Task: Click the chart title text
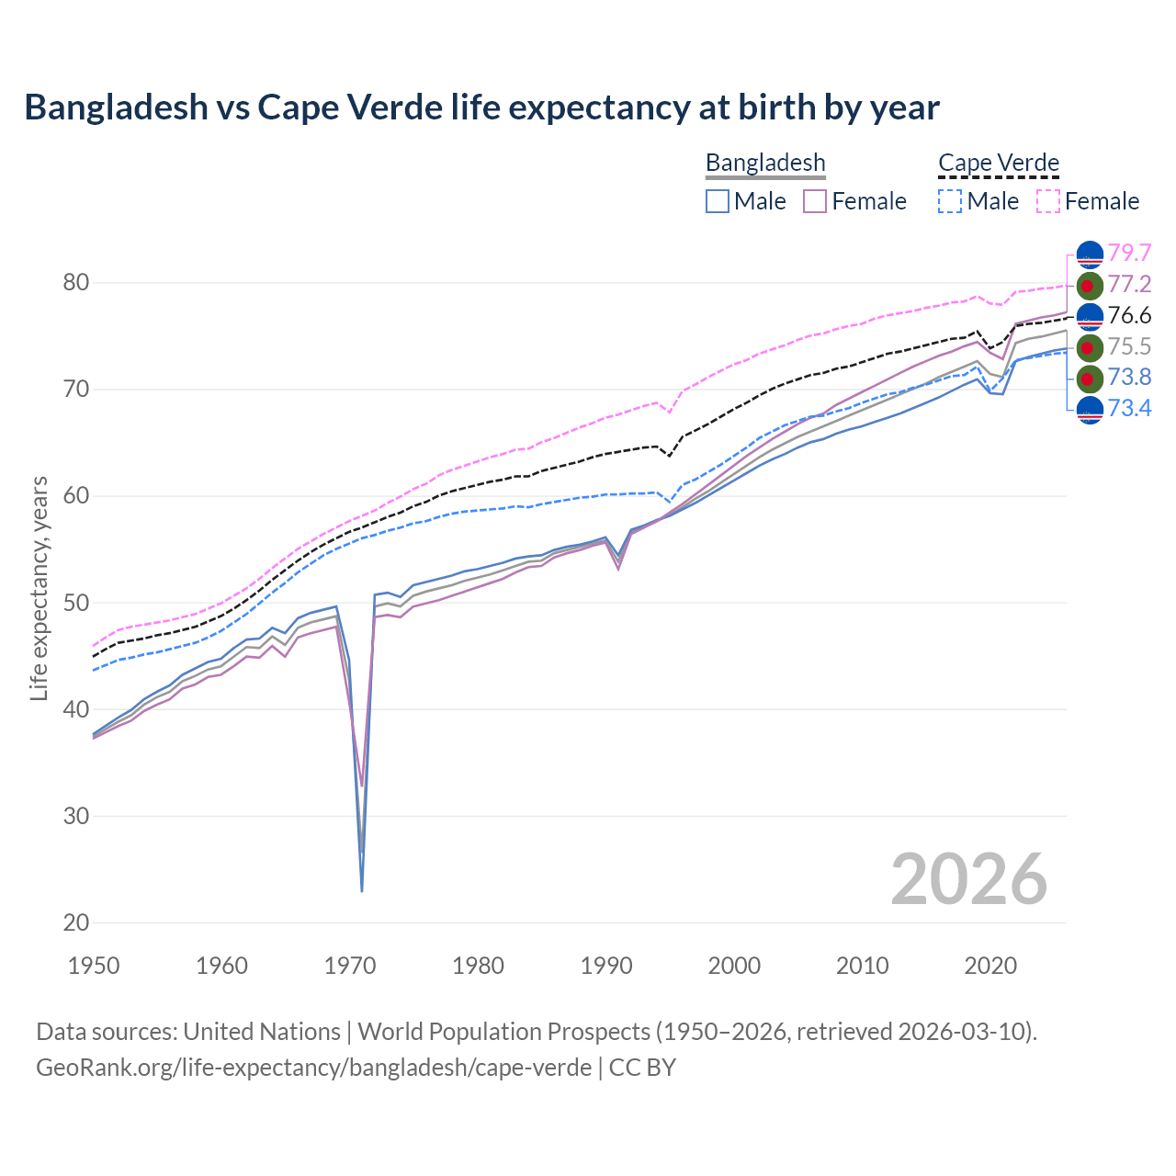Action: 481,107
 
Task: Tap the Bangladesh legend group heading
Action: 765,163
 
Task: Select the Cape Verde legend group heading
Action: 999,163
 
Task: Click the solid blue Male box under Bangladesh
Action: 718,201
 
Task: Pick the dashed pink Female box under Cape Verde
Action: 1048,201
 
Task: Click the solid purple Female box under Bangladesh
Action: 816,201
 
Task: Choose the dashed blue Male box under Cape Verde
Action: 950,201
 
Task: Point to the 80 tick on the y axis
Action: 76,282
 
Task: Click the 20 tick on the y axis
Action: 76,922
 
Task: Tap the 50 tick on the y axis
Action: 76,603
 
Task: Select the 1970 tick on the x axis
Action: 350,966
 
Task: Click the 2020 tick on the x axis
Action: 990,966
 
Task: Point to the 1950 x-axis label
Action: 95,966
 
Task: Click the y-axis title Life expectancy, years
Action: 39,588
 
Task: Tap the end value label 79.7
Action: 1129,253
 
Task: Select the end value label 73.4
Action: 1129,408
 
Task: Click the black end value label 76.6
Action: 1129,315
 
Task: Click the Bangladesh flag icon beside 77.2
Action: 1090,285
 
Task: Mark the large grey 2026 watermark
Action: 969,879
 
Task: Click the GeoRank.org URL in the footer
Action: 313,1068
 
